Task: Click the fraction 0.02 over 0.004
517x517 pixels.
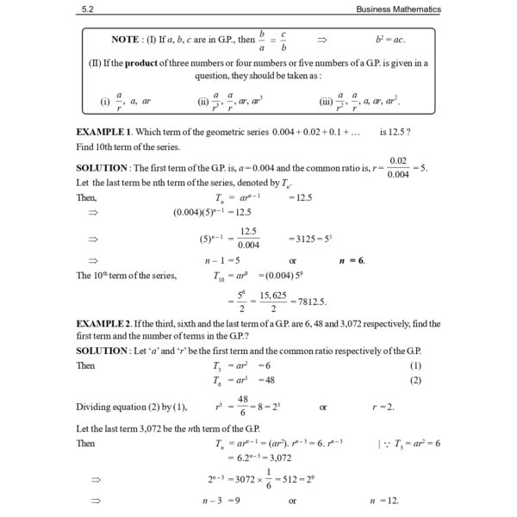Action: pyautogui.click(x=398, y=167)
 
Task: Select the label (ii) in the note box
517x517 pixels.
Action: pyautogui.click(x=203, y=102)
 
